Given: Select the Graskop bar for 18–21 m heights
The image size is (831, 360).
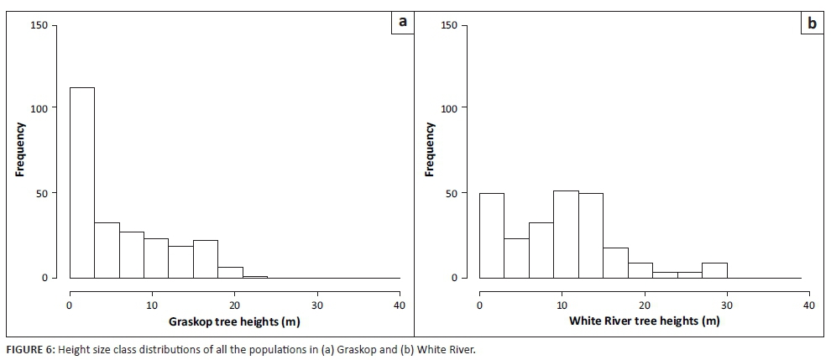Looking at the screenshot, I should click(x=230, y=272).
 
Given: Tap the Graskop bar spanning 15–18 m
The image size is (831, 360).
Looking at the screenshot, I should click(x=206, y=258).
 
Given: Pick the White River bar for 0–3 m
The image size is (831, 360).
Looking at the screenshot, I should click(x=491, y=236).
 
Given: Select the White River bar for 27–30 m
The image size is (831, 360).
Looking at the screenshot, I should click(x=714, y=270).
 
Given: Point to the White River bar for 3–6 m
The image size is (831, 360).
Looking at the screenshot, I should click(x=516, y=258).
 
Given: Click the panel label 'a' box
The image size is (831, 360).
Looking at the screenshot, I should click(x=403, y=23).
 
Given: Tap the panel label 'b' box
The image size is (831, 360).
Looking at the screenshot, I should click(x=812, y=23).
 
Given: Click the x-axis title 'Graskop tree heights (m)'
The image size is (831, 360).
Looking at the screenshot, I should click(x=234, y=321).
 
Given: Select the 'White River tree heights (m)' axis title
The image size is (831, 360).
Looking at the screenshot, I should click(x=644, y=321).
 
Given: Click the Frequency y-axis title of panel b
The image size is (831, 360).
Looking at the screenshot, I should click(x=429, y=150).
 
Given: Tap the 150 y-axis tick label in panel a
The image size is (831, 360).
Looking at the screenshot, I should click(x=39, y=25).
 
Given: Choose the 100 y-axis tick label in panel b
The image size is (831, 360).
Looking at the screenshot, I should click(x=450, y=108).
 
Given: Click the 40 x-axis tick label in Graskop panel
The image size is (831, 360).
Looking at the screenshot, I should click(x=400, y=305).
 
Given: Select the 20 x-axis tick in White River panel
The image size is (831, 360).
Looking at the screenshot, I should click(x=644, y=305).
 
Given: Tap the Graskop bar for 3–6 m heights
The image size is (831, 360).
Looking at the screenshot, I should click(x=107, y=250).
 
